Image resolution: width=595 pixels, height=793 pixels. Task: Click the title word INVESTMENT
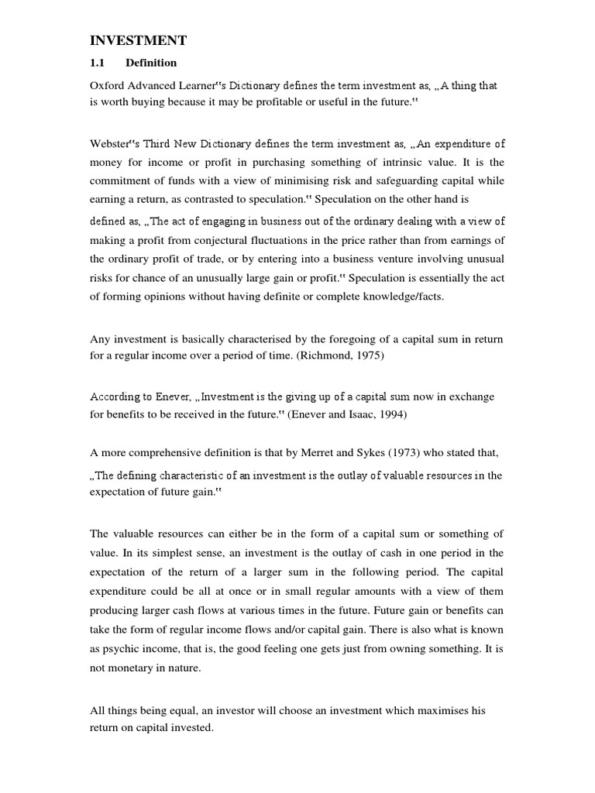pyautogui.click(x=139, y=39)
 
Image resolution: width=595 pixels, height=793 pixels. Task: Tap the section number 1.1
pyautogui.click(x=98, y=63)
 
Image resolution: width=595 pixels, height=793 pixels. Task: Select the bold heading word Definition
pyautogui.click(x=151, y=63)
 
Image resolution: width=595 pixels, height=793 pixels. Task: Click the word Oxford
pyautogui.click(x=107, y=86)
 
